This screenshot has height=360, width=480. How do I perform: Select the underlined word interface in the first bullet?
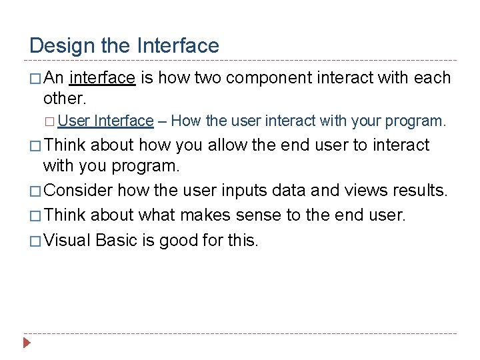click(x=102, y=78)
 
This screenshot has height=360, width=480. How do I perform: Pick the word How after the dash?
click(x=185, y=121)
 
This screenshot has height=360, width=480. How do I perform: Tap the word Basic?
click(x=117, y=240)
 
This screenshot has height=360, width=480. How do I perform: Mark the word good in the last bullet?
click(x=177, y=240)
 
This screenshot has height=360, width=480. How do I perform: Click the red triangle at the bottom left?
click(x=27, y=344)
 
